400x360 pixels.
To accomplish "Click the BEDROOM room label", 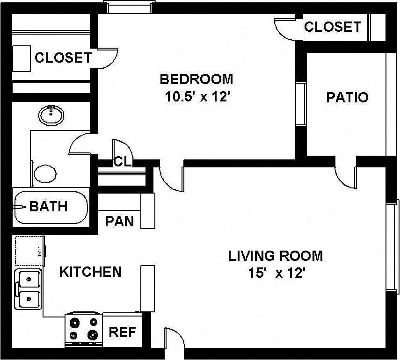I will pos(196,79).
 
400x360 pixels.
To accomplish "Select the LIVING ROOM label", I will pos(275,256).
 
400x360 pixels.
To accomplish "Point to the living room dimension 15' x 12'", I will pos(277,273).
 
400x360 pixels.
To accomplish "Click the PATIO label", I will pos(347,97).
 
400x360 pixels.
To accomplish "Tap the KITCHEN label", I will pos(90,272).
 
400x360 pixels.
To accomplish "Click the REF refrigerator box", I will pos(122,332).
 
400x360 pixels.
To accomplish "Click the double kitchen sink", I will pos(29,288).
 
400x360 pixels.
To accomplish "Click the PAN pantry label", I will pos(119,221).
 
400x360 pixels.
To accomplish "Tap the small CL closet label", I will pos(122,162).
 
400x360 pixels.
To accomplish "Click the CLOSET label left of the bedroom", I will pos(63,58).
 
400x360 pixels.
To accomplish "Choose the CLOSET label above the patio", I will pos(332,27).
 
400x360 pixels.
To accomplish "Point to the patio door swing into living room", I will pos(345,175).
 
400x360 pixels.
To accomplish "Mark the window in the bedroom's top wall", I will pos(129,7).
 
